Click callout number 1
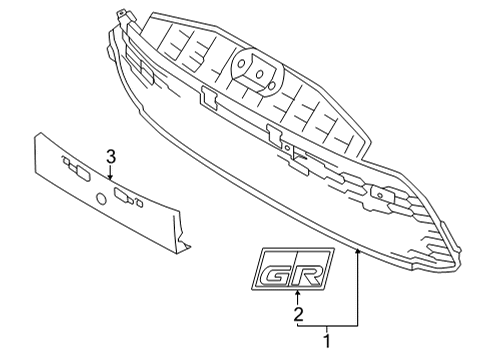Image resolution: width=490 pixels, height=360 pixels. click(326, 342)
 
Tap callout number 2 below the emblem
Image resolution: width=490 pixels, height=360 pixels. click(297, 315)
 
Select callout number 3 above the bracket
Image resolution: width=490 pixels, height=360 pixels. click(111, 156)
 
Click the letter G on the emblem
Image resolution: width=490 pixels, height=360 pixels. click(276, 270)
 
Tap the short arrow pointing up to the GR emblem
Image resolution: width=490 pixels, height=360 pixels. click(297, 297)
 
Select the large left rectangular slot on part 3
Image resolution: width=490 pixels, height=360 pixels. click(76, 170)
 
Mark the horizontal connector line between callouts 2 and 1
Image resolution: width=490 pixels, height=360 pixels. click(326, 326)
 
